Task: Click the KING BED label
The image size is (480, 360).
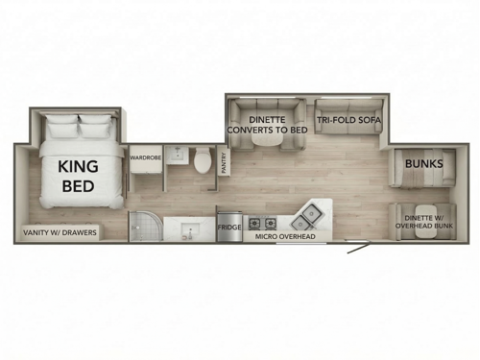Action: click(78, 176)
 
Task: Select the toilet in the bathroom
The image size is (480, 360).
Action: click(203, 161)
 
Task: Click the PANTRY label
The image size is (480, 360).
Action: click(225, 160)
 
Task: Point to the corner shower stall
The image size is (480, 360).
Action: click(144, 227)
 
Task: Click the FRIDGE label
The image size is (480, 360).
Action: click(229, 228)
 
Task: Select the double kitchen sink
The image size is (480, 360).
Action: click(311, 212)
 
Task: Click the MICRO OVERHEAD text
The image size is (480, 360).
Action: click(286, 235)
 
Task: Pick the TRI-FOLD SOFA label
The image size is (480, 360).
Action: click(348, 118)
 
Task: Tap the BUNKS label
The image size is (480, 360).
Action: click(423, 163)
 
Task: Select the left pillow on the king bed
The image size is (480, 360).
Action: click(63, 126)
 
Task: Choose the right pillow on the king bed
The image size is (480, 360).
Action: click(96, 126)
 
